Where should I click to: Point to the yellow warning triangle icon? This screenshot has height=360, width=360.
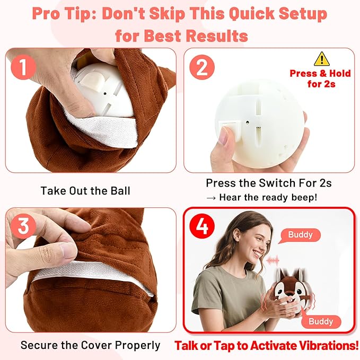coord(321,59)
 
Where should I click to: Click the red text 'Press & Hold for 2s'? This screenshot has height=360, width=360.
coord(317,78)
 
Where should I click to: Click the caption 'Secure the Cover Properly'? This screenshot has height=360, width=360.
coord(90,345)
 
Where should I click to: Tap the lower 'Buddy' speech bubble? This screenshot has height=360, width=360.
coord(321,321)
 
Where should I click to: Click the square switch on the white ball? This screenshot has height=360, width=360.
coord(229,127)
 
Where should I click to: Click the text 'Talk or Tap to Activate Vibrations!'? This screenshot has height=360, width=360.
coord(267,346)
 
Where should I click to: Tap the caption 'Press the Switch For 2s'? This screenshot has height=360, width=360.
coord(268,183)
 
